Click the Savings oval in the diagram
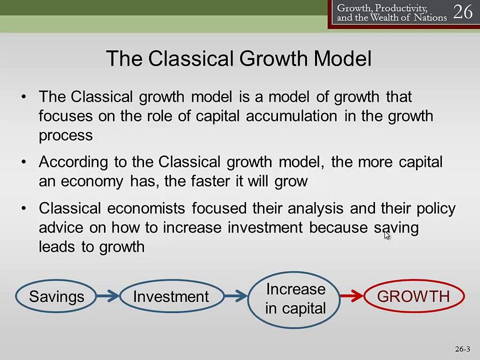tap(56, 296)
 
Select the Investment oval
tap(171, 296)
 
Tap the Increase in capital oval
tap(295, 299)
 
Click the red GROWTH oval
tap(413, 296)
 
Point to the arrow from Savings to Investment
tap(107, 296)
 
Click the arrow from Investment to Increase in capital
tap(235, 296)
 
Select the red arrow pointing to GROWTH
tap(352, 296)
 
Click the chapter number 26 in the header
tap(462, 12)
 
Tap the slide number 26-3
tap(462, 349)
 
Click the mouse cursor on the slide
tap(386, 234)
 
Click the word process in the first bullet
tap(65, 135)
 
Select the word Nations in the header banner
tap(430, 18)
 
